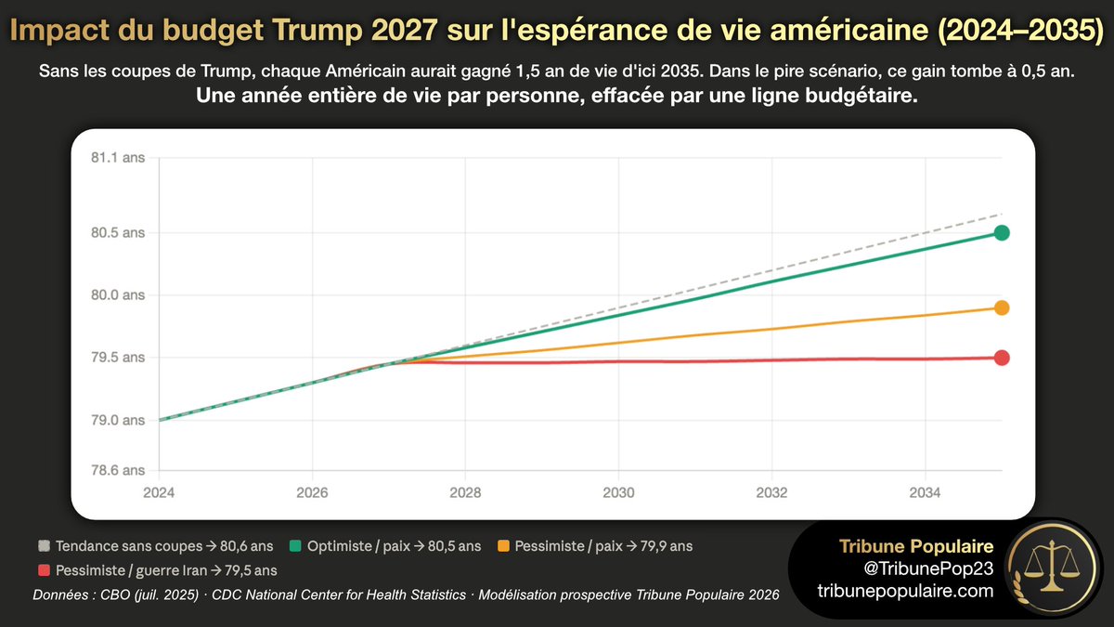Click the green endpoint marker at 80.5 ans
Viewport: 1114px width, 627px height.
(1002, 232)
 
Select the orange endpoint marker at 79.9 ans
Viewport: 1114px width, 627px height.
(1002, 307)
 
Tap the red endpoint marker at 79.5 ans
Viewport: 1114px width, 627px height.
(1002, 358)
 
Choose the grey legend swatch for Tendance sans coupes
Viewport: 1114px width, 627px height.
(44, 546)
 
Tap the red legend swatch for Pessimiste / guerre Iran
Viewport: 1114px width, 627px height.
(44, 570)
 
